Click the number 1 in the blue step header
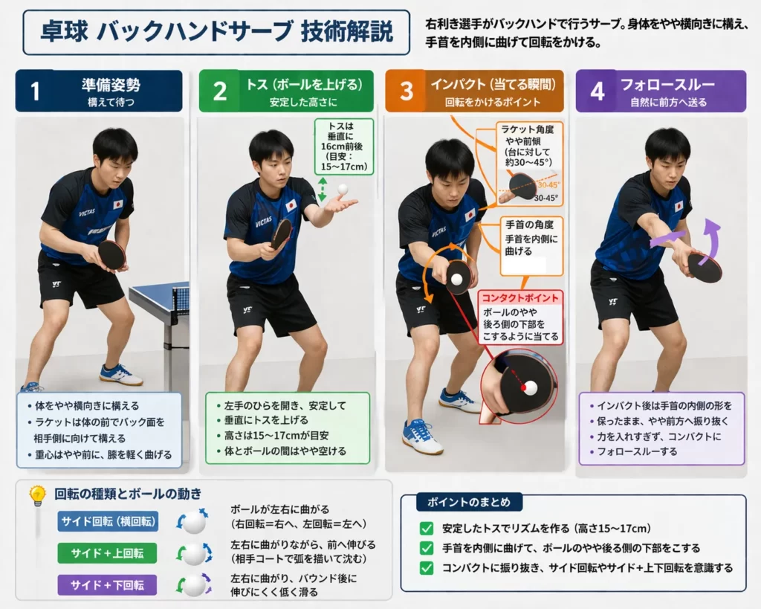35,91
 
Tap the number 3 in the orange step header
406,91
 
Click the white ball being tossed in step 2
343,190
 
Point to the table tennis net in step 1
180,298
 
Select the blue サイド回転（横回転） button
108,522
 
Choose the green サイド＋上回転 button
108,553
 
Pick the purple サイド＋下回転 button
108,584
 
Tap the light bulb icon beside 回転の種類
37,496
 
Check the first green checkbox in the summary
427,529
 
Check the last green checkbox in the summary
427,567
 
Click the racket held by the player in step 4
704,267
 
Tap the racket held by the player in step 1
112,254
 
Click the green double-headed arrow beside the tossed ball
323,189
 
